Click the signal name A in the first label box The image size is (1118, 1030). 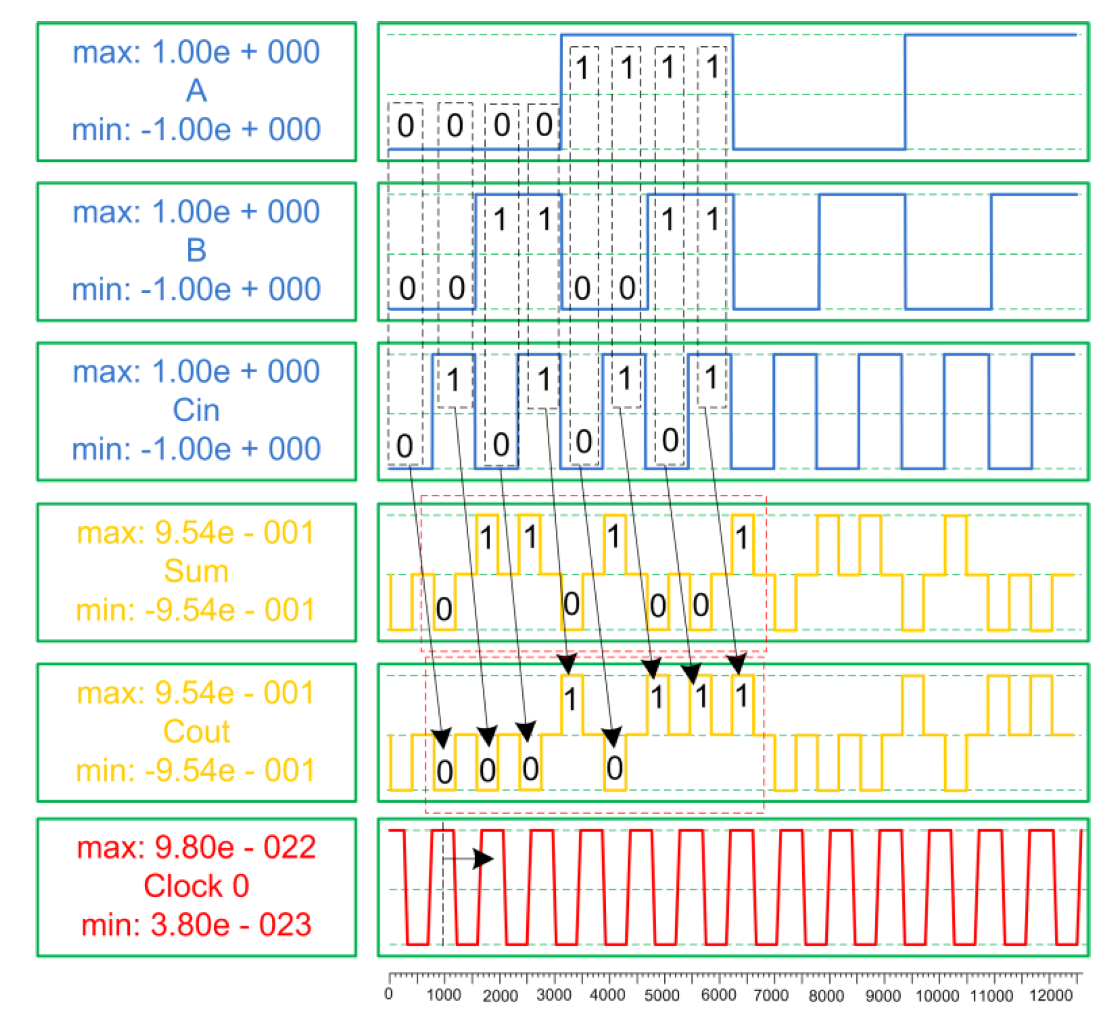196,91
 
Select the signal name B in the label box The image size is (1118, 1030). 196,250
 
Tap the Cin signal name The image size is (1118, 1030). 196,410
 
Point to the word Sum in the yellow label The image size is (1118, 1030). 196,571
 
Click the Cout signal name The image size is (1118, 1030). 196,731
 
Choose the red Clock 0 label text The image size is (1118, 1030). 196,885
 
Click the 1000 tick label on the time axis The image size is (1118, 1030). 444,995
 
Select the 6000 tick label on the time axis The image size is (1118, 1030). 717,995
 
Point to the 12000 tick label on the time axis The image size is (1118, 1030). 1050,995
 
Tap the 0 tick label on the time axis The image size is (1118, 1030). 389,994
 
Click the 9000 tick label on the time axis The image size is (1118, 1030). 883,995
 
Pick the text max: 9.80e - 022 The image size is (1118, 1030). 196,847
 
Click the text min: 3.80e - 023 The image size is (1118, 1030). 196,925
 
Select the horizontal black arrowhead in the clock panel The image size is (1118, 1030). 483,858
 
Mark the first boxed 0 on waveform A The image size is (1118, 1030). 405,125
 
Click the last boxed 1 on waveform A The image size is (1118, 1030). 712,67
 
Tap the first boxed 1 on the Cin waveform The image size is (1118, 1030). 453,380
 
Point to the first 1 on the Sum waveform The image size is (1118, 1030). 486,538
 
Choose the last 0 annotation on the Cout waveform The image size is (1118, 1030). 614,768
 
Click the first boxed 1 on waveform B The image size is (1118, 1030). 500,219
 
